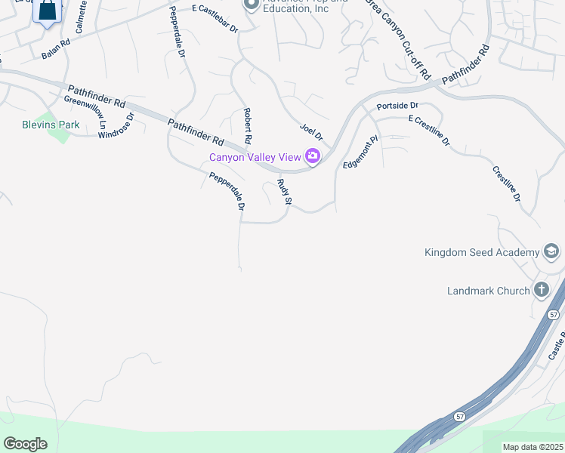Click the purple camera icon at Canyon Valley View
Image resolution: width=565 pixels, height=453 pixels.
(x=312, y=157)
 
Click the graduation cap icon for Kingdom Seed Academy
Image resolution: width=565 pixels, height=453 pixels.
(x=551, y=252)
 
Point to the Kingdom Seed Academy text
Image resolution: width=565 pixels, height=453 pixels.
(x=481, y=252)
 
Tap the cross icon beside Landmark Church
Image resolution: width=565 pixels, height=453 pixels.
(x=541, y=289)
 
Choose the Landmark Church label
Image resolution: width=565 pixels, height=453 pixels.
(x=488, y=290)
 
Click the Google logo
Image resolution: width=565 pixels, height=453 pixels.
(x=25, y=444)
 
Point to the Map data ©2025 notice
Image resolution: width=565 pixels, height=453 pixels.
(x=533, y=447)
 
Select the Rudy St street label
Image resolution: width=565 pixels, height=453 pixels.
(x=284, y=193)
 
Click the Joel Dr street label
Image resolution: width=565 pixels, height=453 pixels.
(x=311, y=133)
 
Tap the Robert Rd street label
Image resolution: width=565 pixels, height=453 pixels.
(x=247, y=126)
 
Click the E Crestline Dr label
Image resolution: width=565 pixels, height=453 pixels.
(x=428, y=130)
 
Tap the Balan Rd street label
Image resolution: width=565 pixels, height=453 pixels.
(x=55, y=49)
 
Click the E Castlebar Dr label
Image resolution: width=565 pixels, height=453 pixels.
(x=215, y=20)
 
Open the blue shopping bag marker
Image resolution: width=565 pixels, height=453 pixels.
(x=47, y=11)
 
